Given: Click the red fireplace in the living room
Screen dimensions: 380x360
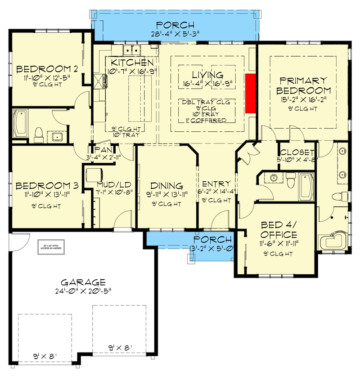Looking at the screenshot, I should click(x=251, y=94).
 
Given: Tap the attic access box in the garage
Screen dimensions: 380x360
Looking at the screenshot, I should click(x=50, y=247).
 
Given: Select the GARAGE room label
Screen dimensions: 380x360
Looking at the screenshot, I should click(x=83, y=282).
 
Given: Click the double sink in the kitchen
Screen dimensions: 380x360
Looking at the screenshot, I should click(x=133, y=49).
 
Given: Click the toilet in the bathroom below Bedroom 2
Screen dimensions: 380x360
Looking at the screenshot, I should click(x=39, y=134).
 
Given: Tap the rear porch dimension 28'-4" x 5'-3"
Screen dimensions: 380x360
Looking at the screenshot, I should click(x=175, y=33).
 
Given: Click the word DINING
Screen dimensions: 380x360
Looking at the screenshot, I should click(x=166, y=186).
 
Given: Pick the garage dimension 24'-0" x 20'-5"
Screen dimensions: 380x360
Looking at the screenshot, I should click(x=83, y=291).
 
